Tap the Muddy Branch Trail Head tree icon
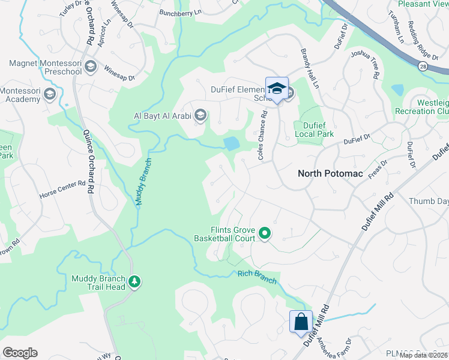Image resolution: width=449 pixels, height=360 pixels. click(134, 281)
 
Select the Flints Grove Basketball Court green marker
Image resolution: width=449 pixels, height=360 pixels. click(265, 233)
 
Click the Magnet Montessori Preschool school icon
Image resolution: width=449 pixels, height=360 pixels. click(91, 66)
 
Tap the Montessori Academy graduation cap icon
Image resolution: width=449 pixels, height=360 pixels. click(50, 94)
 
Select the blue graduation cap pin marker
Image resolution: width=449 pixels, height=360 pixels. click(276, 88)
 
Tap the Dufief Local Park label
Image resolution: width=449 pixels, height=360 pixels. click(314, 130)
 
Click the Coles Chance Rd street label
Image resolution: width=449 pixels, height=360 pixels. click(262, 135)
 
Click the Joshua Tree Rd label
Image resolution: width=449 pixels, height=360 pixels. click(367, 64)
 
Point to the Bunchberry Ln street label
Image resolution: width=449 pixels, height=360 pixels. click(179, 12)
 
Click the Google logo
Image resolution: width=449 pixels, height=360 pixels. click(20, 353)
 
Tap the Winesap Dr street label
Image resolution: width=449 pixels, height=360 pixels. click(119, 72)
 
